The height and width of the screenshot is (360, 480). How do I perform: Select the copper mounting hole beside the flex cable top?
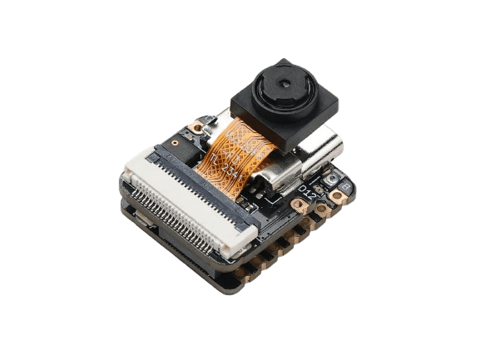(197, 129)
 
